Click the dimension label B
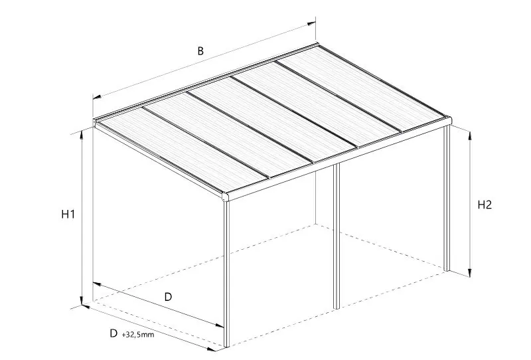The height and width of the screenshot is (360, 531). click(200, 51)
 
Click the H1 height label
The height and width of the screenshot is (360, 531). click(68, 214)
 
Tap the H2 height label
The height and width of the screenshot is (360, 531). click(485, 205)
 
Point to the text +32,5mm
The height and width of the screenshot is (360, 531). click(138, 335)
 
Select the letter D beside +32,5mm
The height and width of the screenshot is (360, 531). click(114, 333)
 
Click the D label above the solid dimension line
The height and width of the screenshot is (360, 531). click(168, 297)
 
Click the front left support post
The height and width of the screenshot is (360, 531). click(226, 274)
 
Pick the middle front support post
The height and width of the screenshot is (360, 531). click(337, 236)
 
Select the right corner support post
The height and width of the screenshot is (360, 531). click(447, 199)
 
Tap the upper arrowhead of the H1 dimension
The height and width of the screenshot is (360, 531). click(81, 135)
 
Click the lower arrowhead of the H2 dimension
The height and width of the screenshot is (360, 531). click(470, 273)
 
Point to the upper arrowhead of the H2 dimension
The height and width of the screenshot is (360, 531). click(470, 136)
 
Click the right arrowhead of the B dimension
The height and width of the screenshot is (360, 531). click(311, 24)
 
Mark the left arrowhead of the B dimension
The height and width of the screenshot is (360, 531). click(97, 97)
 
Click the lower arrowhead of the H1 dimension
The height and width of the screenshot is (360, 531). click(81, 300)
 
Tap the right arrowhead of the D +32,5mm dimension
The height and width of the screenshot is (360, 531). click(212, 349)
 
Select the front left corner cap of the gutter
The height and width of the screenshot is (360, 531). click(226, 197)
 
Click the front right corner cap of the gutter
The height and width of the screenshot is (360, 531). click(449, 120)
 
